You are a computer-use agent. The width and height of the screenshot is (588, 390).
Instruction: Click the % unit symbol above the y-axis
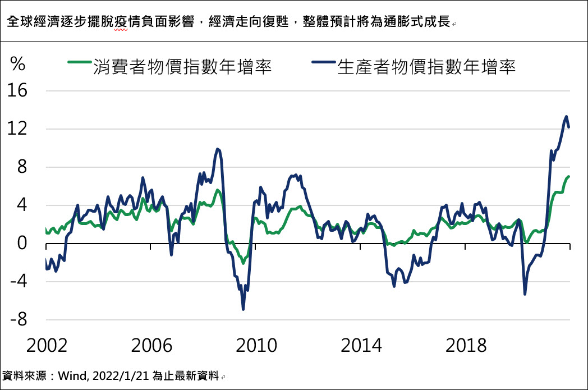pos(18,65)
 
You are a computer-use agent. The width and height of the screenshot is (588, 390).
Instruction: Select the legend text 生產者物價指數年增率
pos(426,67)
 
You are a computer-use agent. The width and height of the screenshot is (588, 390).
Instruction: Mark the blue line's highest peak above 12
pos(566,117)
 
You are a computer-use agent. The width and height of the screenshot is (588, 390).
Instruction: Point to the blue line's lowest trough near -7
pos(243,309)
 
